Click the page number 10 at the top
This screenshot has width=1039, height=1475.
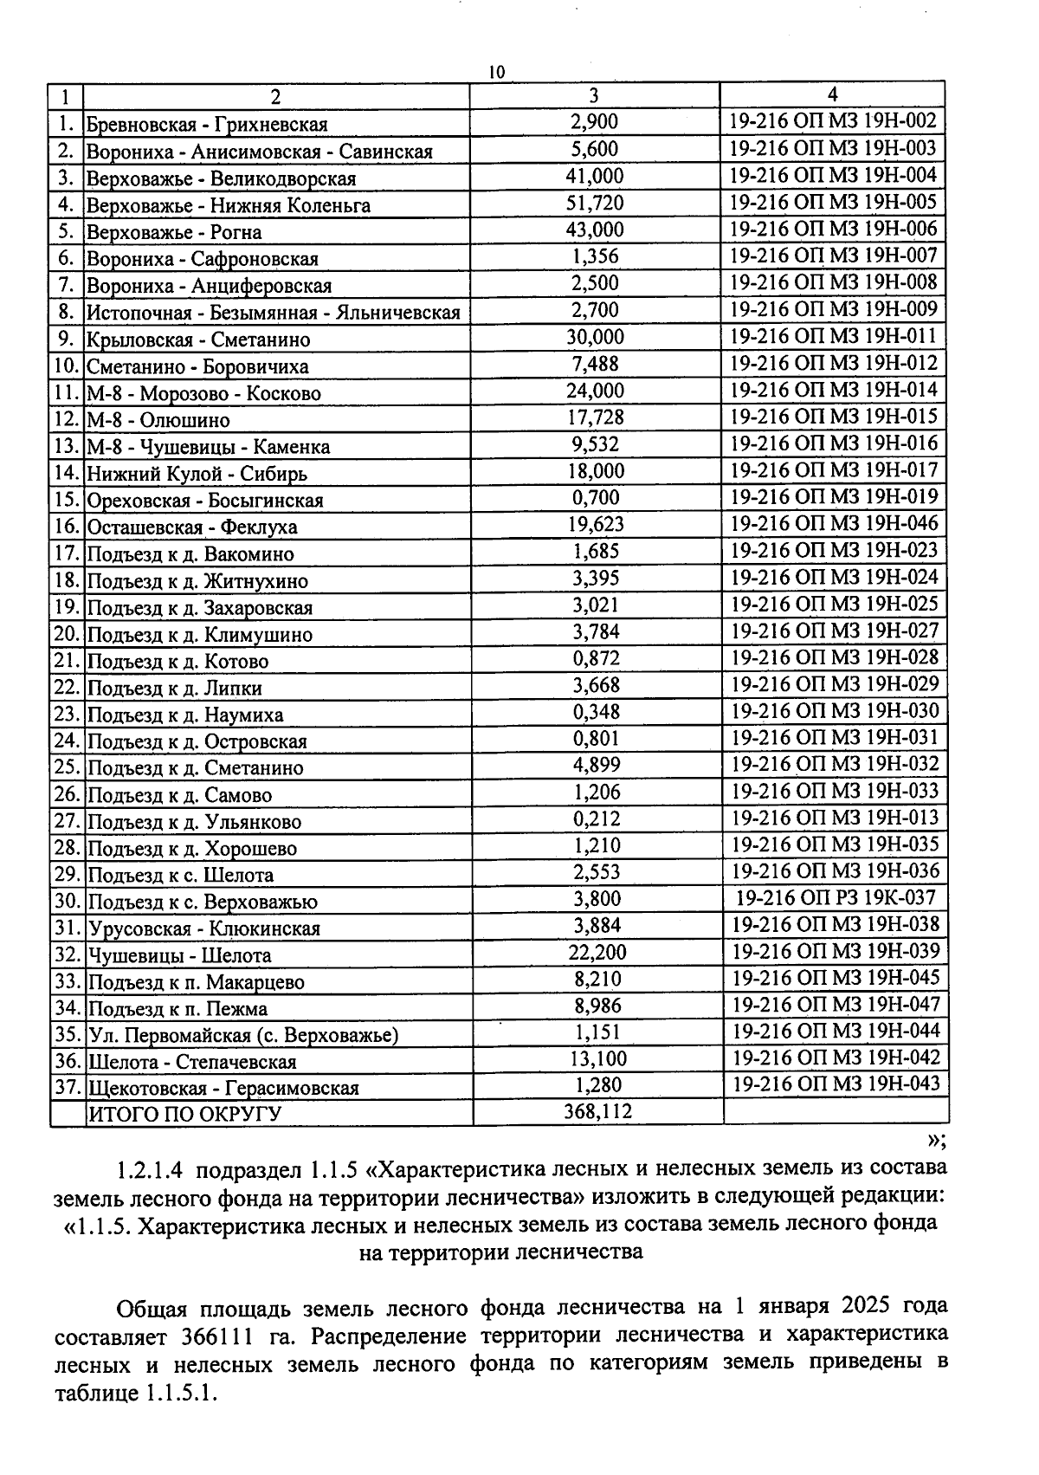click(496, 72)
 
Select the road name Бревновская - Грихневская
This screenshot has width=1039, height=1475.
click(207, 125)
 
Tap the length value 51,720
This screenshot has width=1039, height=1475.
click(595, 204)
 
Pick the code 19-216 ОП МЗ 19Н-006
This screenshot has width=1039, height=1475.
click(833, 229)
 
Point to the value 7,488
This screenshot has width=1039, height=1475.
click(595, 365)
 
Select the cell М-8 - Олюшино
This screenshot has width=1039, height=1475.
click(158, 421)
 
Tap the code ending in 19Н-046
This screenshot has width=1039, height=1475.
click(834, 523)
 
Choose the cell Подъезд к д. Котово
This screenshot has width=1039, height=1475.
click(178, 662)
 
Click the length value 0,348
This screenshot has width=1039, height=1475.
click(596, 713)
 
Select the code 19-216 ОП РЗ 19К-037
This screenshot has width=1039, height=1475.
click(835, 898)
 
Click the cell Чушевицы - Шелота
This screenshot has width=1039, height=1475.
click(180, 956)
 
